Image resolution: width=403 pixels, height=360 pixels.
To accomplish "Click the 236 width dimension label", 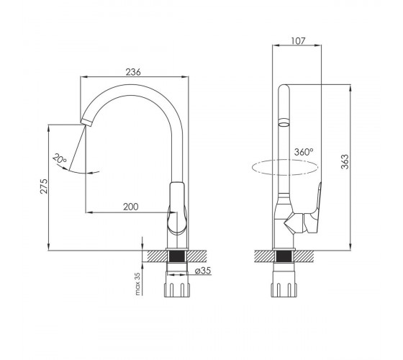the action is [x=133, y=72].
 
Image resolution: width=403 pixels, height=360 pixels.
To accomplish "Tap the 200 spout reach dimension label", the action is [x=130, y=207].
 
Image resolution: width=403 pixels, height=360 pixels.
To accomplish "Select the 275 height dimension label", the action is [x=44, y=186].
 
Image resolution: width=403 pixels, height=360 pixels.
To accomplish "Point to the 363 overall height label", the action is [x=345, y=161].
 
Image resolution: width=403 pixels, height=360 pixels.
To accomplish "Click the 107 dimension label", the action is [x=298, y=40].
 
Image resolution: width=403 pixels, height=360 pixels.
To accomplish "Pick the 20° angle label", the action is [x=60, y=158].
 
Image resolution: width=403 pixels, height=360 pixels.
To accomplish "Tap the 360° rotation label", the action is [x=304, y=152].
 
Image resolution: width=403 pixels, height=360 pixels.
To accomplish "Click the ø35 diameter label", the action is [x=203, y=271].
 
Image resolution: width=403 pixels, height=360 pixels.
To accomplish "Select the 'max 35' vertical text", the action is [x=137, y=284].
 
